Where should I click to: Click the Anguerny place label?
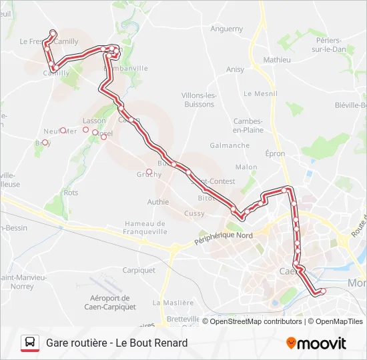227,29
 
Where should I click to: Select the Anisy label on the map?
235,69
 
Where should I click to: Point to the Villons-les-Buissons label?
199,99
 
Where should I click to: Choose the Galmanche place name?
230,145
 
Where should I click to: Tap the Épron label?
274,154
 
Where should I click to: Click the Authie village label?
158,201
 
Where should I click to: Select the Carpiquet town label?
139,271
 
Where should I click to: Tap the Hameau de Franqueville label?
145,228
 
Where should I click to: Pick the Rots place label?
71,193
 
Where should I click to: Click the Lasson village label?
94,121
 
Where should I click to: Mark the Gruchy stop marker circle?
149,172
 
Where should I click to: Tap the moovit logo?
316,343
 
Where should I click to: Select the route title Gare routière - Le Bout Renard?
117,343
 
